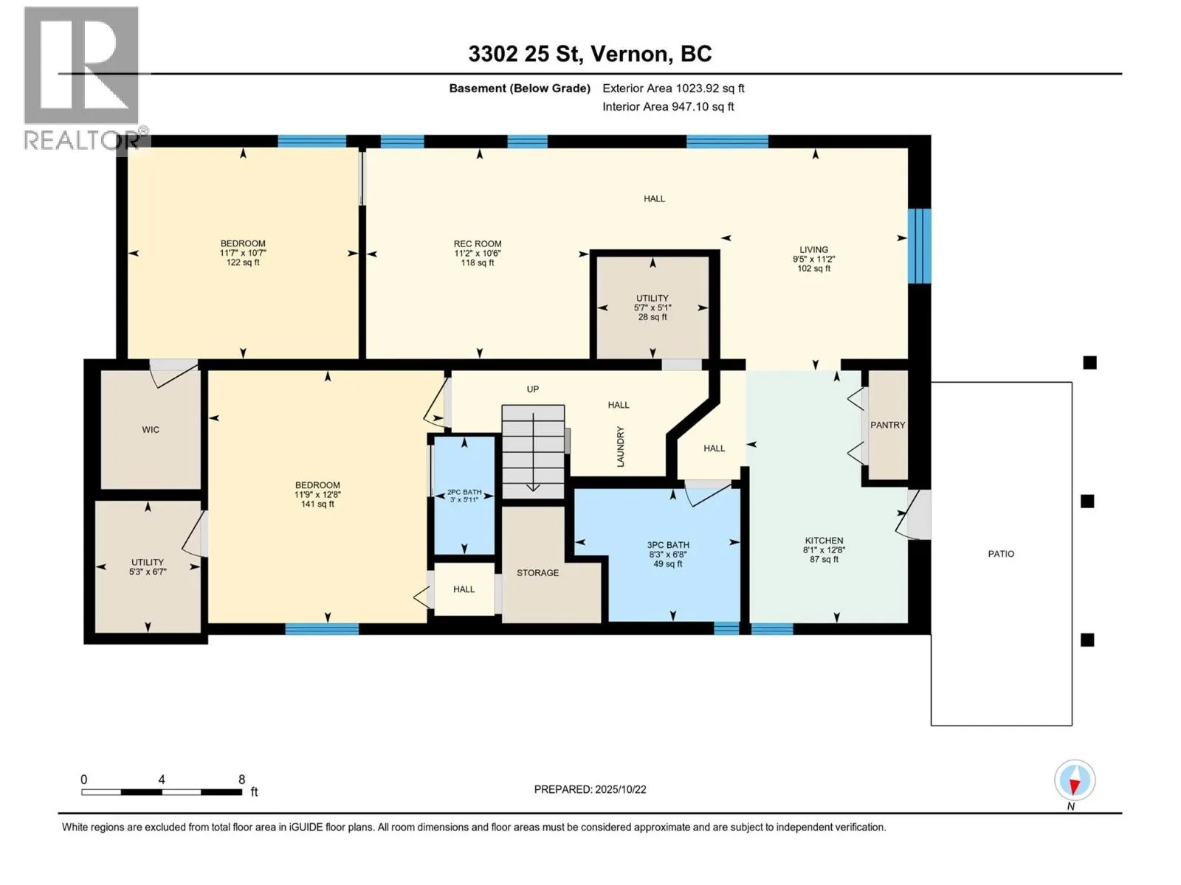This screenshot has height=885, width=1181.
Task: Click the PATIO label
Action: pos(1001,554)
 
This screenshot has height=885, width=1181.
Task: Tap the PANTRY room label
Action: pos(888,425)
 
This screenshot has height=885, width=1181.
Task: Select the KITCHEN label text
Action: pos(824,541)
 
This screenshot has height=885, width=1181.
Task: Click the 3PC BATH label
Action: pos(668,545)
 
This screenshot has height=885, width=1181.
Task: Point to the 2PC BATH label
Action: pos(464,492)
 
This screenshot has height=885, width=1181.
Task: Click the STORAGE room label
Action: pos(537,573)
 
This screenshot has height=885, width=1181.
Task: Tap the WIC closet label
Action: pos(151,430)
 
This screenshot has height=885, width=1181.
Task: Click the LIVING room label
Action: pos(813,250)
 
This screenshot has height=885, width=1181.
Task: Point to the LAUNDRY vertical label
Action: pos(620,446)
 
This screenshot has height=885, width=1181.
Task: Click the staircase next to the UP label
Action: pos(533,452)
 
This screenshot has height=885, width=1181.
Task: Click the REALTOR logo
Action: pos(82,78)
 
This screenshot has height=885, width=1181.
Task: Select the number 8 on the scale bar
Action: pos(241,779)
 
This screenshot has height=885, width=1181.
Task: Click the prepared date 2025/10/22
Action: pos(620,789)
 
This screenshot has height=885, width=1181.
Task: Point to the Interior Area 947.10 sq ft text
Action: pos(668,106)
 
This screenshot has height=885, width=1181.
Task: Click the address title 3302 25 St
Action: pos(526,54)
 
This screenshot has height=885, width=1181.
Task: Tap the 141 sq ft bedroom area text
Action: pos(317,504)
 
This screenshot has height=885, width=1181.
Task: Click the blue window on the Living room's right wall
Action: pos(919,246)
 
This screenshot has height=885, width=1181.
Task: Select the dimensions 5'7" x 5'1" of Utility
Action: pos(652,308)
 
